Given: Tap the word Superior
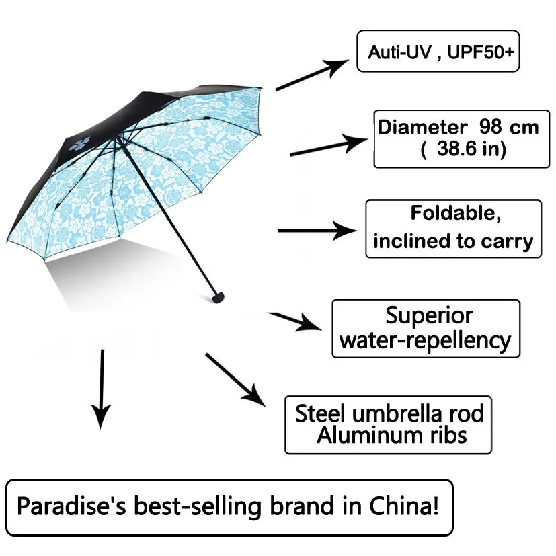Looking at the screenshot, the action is coord(429,315).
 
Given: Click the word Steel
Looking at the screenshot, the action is coord(321,413).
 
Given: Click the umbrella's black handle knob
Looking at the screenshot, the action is coord(218,295).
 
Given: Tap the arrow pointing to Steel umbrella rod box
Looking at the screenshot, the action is coord(235,379).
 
